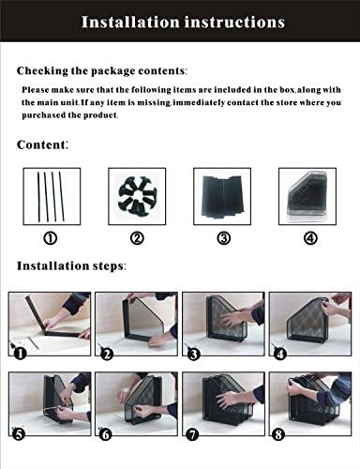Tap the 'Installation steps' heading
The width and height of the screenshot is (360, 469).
(71, 265)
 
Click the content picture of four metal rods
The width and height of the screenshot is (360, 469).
(50, 194)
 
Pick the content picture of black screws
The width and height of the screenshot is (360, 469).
(137, 194)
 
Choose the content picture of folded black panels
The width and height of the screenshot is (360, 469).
(223, 194)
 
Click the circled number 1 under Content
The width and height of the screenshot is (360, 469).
(50, 238)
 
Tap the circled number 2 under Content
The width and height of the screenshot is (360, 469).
(137, 238)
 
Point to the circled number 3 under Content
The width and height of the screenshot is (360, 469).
(223, 238)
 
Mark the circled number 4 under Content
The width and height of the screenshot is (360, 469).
(309, 238)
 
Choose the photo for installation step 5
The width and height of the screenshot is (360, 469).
(50, 408)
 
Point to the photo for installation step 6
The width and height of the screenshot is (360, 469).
(137, 408)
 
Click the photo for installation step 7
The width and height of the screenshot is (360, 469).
(223, 408)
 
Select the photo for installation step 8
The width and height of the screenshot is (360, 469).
(310, 408)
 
